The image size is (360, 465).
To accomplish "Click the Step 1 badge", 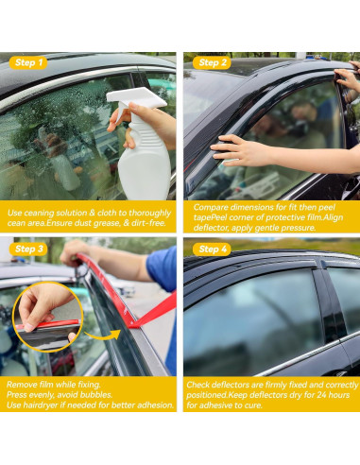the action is coord(28,62).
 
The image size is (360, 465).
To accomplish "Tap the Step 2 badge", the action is coord(212,62).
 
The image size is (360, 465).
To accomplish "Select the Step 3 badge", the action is coord(28,249).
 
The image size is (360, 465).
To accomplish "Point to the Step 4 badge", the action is coord(212,250).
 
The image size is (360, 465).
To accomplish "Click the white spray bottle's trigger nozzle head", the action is coord(135,98).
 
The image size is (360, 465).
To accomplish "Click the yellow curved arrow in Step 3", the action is coord(103,335).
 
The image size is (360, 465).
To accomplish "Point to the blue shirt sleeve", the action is coord(162,268).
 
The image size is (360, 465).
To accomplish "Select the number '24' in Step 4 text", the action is coord(313,395).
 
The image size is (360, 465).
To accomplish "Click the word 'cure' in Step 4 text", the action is coord(253,405).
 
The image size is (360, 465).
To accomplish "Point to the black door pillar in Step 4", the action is coord(329,302).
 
